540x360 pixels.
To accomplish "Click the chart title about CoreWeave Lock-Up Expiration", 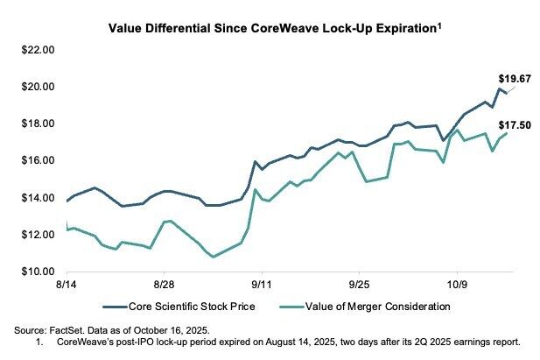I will pos(271,28).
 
